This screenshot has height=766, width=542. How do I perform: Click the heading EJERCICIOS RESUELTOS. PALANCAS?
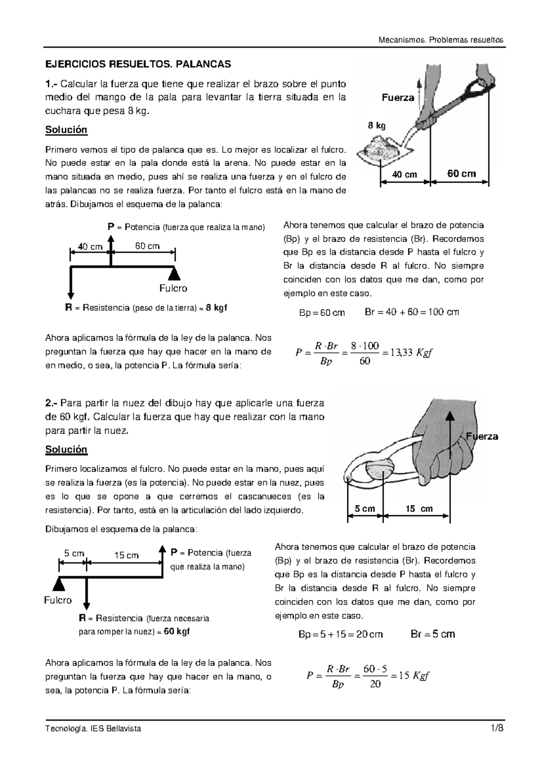(138, 64)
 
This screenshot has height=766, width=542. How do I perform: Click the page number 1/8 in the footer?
(497, 728)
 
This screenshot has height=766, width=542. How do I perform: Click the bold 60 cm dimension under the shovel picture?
(461, 173)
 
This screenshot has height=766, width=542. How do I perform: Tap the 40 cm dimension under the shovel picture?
(404, 174)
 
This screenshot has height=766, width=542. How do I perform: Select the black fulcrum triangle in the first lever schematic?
(175, 272)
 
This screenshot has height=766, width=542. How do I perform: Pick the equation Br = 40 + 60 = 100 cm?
(411, 312)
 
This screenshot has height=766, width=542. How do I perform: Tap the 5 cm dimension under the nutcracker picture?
(365, 509)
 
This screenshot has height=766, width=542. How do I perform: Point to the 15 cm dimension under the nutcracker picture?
(419, 509)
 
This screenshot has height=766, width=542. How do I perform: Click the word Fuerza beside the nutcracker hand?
(481, 436)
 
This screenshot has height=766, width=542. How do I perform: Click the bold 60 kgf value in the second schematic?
(177, 632)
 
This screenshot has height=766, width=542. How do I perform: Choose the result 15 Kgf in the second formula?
(414, 675)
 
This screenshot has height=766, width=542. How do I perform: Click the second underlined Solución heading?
(66, 449)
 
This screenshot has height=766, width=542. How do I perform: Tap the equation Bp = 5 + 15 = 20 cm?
(341, 634)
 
